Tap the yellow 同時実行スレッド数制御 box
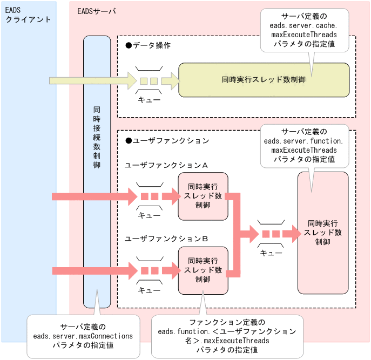pos(264,80)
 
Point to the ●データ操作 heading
pos(147,45)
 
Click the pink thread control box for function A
pos(203,196)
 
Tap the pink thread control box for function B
pos(203,270)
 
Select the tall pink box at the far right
pos(322,232)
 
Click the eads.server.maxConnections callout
pos(83,336)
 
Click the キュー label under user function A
pos(149,215)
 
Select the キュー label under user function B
pos(149,290)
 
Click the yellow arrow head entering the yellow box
pos(171,80)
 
